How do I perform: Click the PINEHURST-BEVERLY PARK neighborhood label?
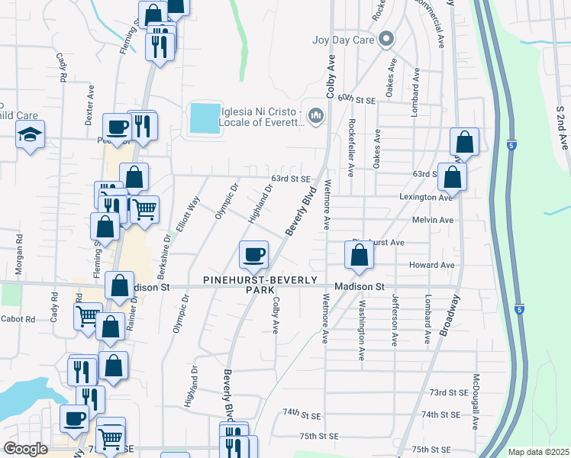tap(260, 285)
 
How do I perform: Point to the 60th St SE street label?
tap(357, 99)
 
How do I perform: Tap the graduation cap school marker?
tap(31, 135)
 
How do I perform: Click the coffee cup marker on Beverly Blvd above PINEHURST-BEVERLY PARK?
tap(254, 253)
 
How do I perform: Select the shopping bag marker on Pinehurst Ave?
tap(359, 255)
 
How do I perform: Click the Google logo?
tap(24, 449)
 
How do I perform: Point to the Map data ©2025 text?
tap(537, 452)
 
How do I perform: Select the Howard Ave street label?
tap(437, 265)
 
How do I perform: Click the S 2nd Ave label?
tap(562, 127)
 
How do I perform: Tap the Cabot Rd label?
tap(18, 319)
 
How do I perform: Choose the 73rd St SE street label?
tap(448, 392)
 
